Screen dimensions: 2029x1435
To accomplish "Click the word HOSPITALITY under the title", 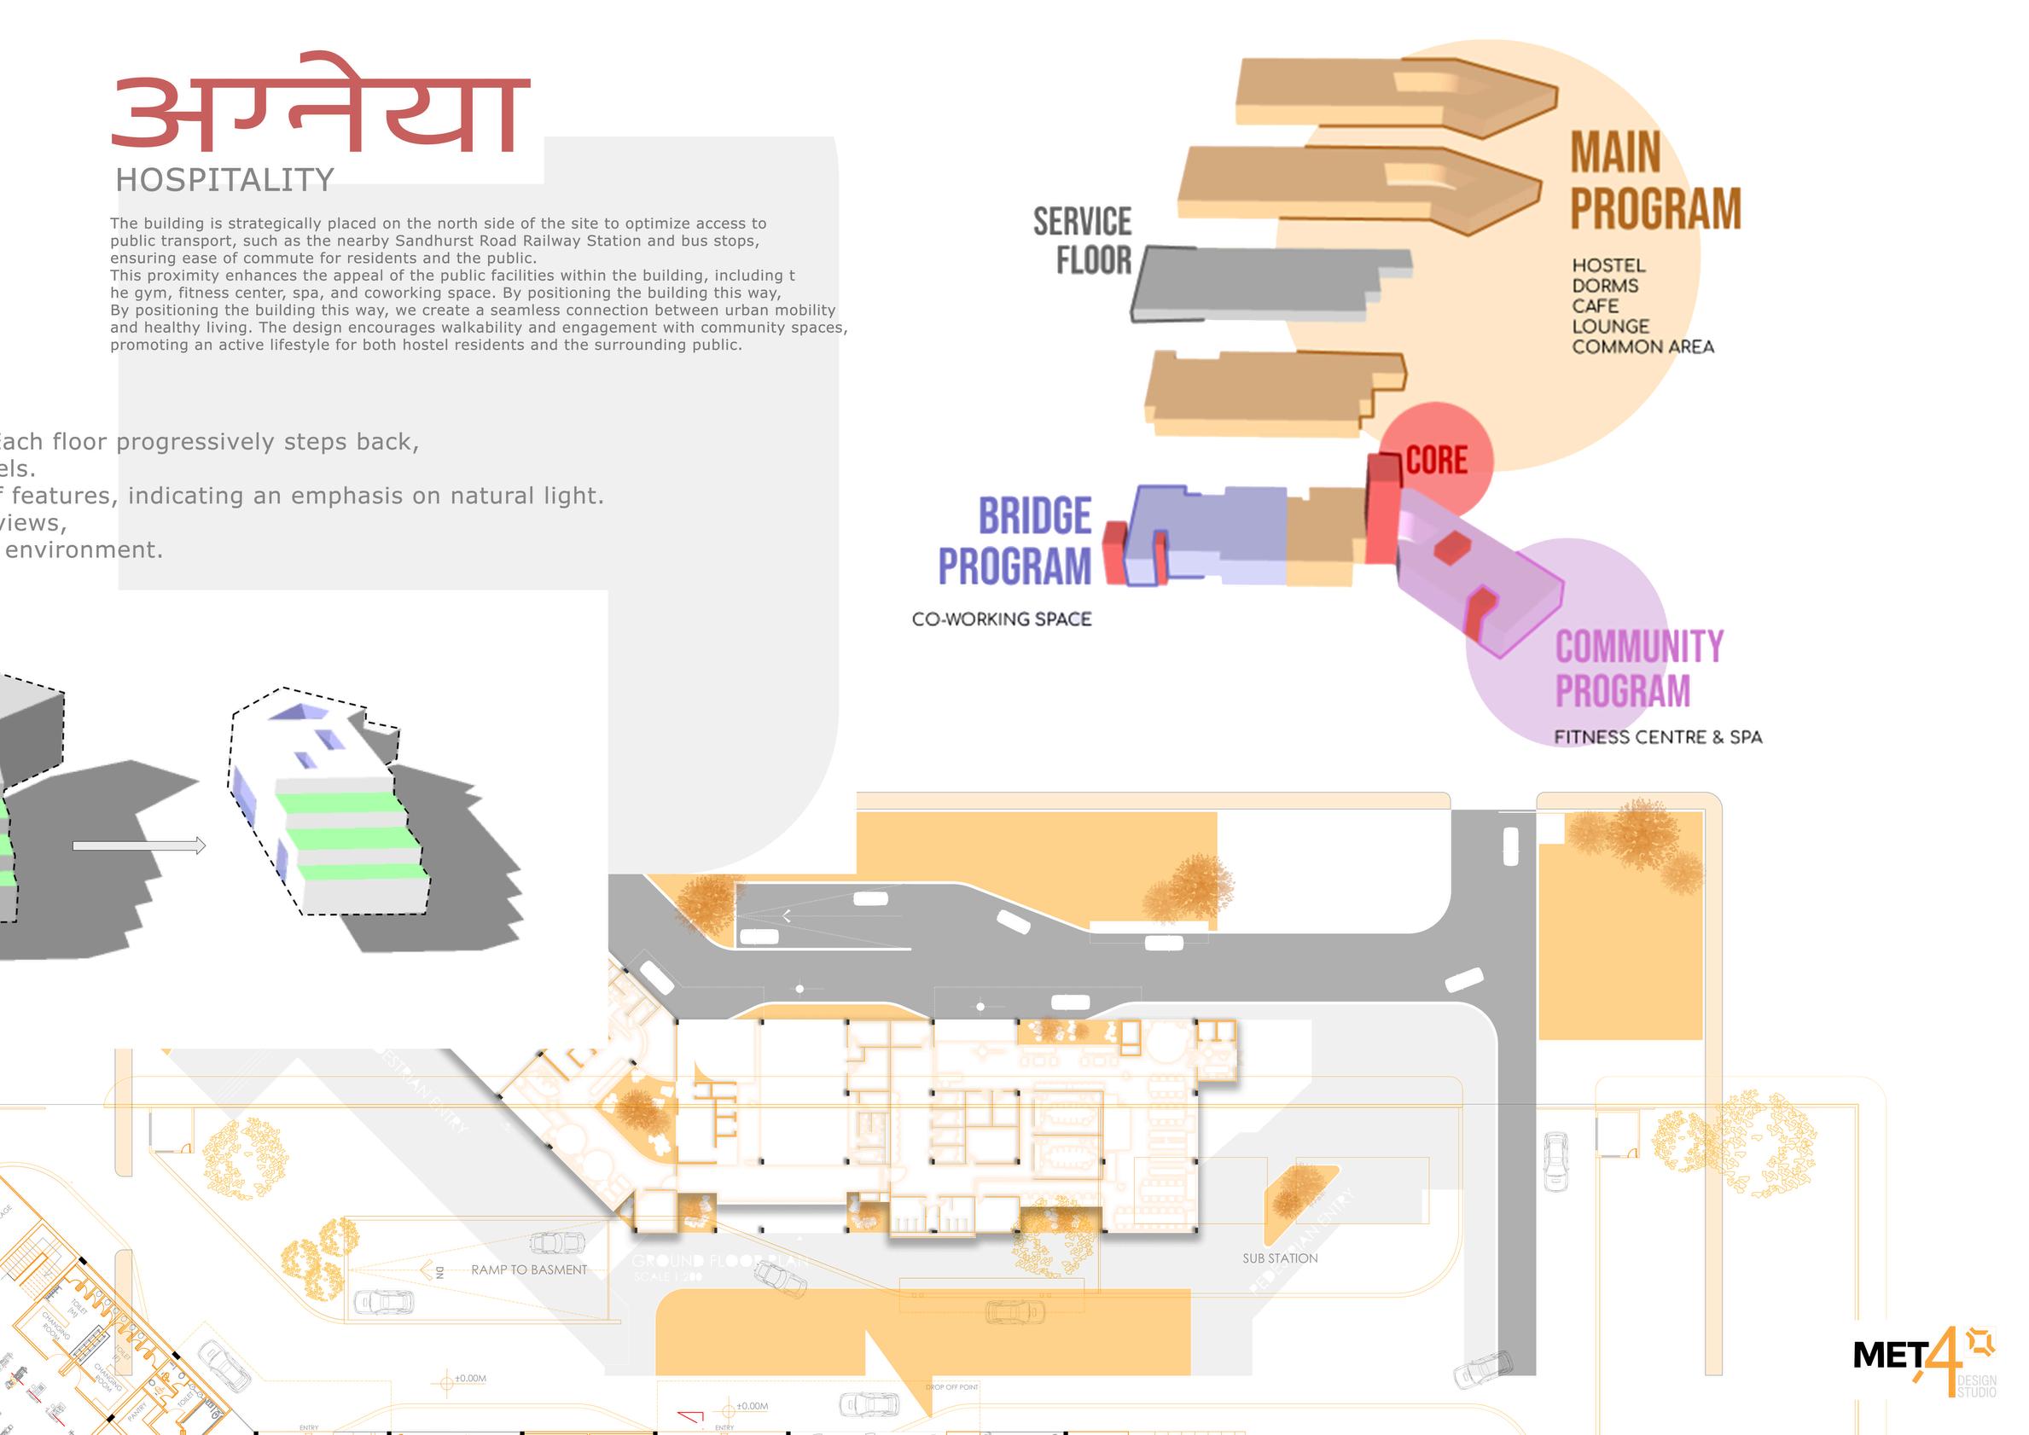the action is tap(224, 180).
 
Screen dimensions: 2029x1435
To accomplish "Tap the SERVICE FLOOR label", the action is tap(1084, 241).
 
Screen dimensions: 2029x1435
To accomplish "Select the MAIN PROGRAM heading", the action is tap(1654, 182).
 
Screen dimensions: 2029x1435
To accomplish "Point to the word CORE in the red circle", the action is tap(1436, 461).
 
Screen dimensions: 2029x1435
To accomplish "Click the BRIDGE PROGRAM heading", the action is tap(1016, 541).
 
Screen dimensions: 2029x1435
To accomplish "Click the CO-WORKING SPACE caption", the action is tap(1001, 619).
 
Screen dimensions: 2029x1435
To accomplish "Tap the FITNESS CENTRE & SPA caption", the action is tap(1657, 737).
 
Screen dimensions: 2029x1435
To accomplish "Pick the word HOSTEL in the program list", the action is tap(1608, 265).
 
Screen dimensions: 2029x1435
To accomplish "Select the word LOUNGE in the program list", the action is tap(1610, 326).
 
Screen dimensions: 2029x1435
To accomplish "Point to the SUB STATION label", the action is tap(1280, 1258).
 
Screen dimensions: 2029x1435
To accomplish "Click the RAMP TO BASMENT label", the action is tap(528, 1269).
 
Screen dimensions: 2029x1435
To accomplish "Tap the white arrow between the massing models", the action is tap(139, 845).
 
